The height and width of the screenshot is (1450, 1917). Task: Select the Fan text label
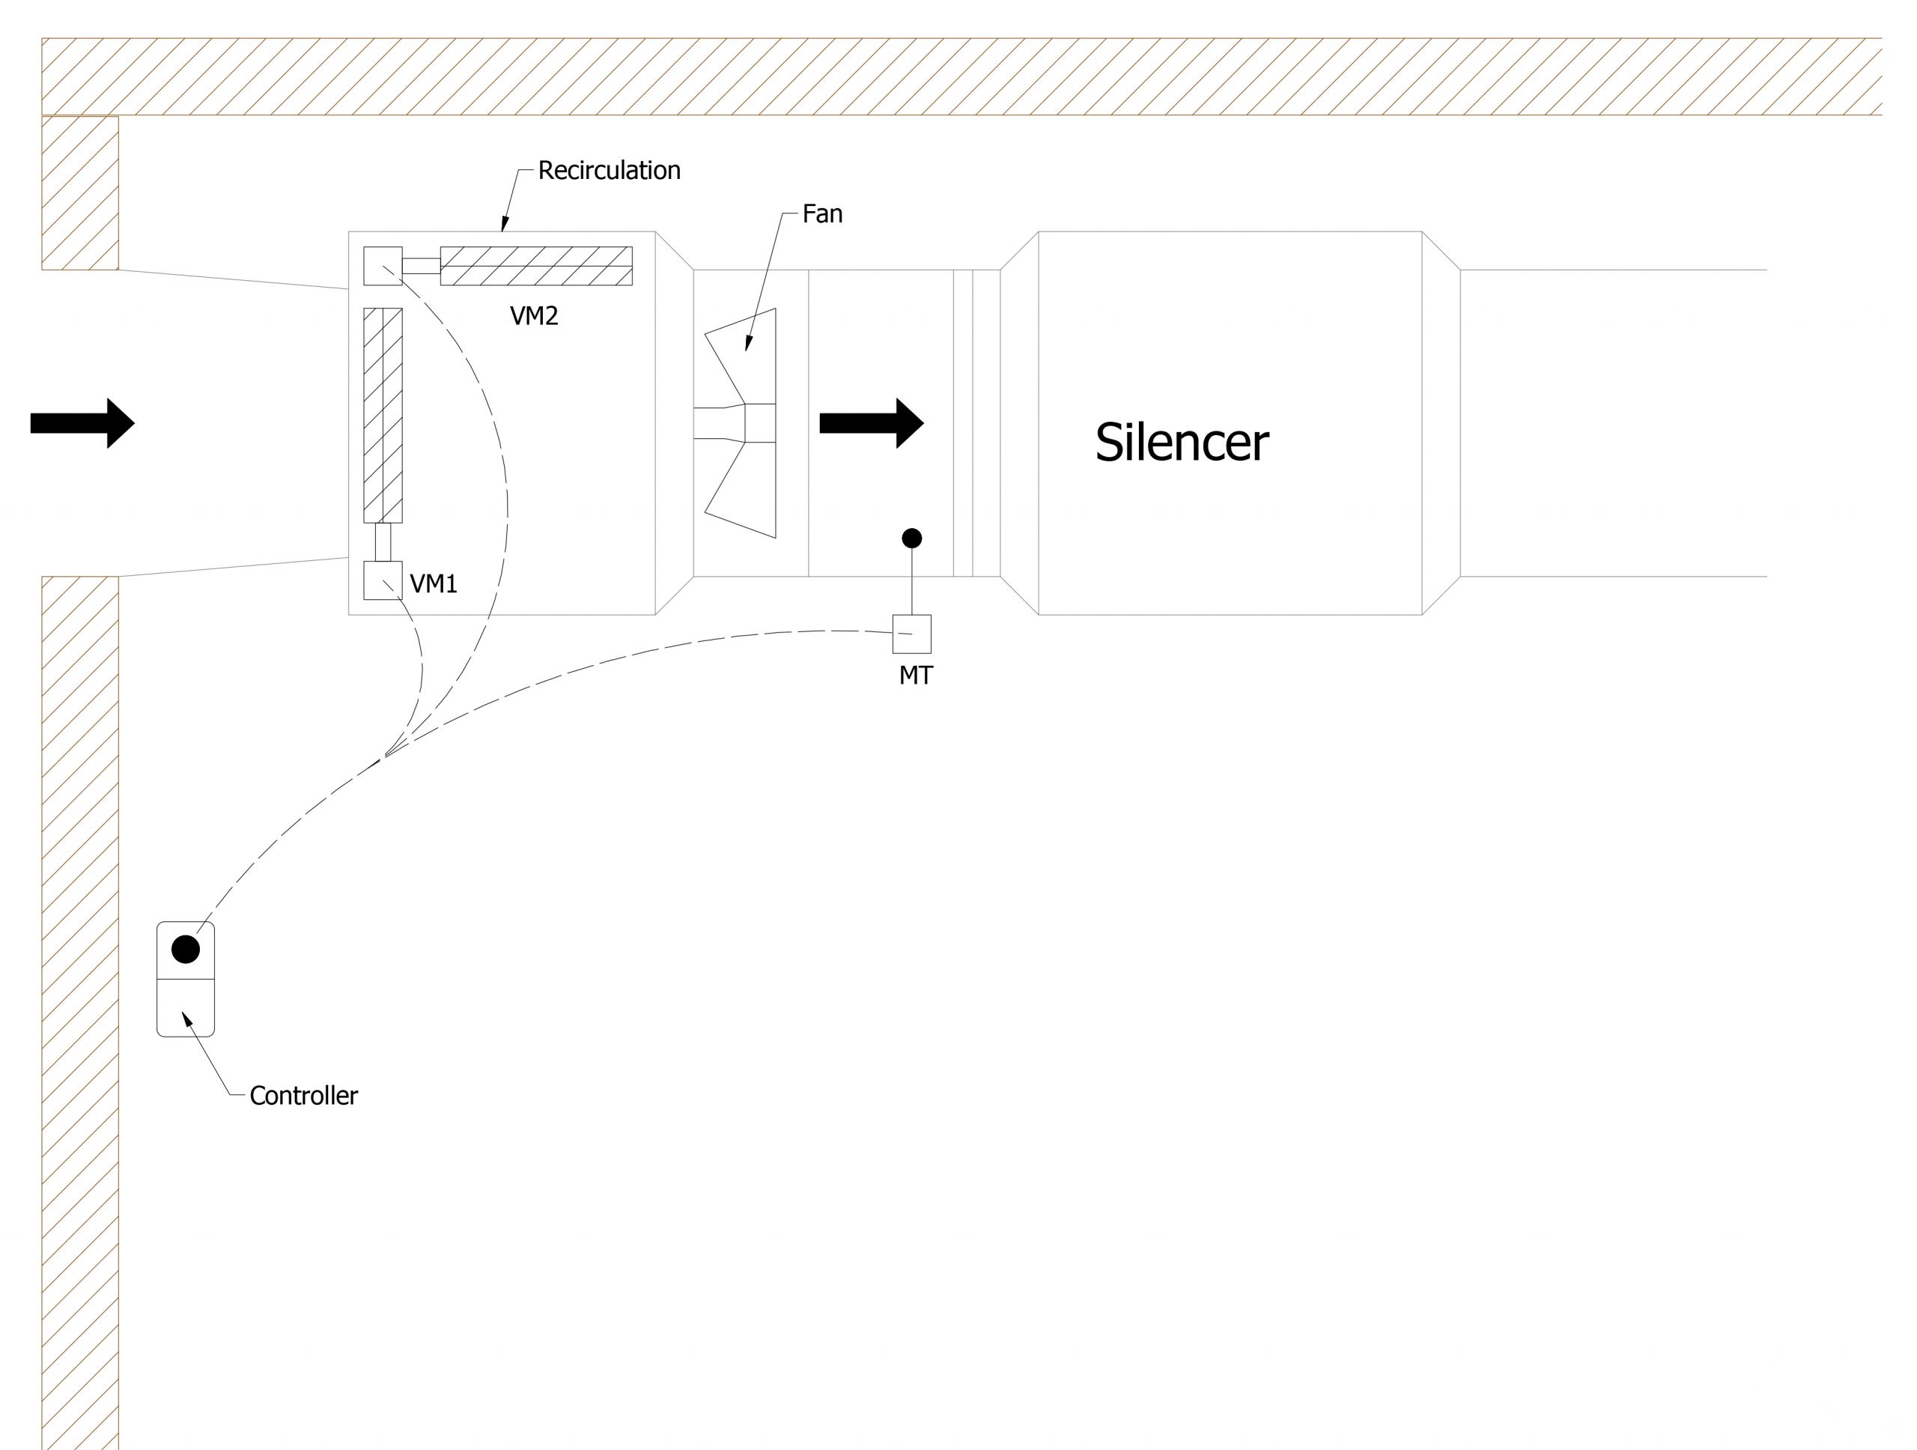pyautogui.click(x=821, y=214)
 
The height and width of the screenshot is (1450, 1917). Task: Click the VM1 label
pyautogui.click(x=434, y=584)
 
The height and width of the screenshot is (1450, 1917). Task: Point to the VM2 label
pyautogui.click(x=534, y=316)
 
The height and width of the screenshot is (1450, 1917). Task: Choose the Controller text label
pyautogui.click(x=303, y=1096)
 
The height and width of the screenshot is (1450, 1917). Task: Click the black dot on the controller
pyautogui.click(x=186, y=949)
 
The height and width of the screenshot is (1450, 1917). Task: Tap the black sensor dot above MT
pyautogui.click(x=912, y=539)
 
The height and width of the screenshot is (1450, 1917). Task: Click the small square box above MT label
pyautogui.click(x=912, y=634)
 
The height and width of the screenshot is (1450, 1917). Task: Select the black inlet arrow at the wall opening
pyautogui.click(x=82, y=423)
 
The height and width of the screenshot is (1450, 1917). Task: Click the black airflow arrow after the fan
pyautogui.click(x=871, y=423)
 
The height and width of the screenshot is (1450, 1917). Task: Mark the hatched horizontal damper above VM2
pyautogui.click(x=536, y=266)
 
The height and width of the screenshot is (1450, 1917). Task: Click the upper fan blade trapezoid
pyautogui.click(x=746, y=355)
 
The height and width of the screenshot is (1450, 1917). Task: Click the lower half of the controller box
pyautogui.click(x=186, y=1007)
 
